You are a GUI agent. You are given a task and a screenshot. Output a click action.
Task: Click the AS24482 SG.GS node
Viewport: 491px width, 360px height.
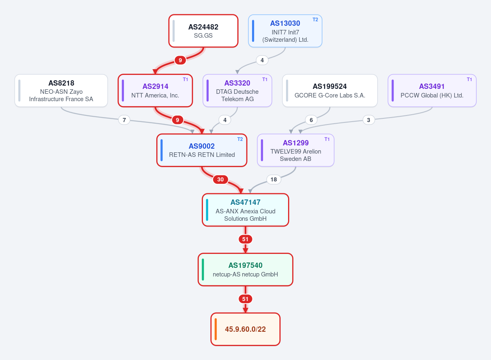[203, 31]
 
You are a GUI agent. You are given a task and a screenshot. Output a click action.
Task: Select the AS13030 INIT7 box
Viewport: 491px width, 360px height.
[285, 31]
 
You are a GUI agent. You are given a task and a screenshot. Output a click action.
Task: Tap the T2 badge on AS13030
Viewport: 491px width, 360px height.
[315, 20]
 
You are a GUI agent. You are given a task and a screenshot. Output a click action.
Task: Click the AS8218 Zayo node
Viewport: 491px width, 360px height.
[61, 91]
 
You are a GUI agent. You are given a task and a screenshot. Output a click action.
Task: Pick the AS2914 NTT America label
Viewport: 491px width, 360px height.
[155, 91]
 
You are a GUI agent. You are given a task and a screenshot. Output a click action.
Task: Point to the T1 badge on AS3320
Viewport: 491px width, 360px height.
[265, 79]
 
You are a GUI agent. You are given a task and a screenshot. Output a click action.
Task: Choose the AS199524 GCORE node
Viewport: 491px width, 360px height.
[330, 91]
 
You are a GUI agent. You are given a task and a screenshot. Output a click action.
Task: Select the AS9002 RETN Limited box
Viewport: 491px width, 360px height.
[202, 150]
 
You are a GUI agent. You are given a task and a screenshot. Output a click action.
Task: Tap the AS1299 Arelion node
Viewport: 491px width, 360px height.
[295, 150]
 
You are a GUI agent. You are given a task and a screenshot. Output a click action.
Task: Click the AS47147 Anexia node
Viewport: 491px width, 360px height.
[245, 210]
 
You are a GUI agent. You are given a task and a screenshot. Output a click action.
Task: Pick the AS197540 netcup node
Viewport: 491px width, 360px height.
[245, 269]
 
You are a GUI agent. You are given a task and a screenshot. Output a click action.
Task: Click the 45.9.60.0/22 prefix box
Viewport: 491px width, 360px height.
[245, 329]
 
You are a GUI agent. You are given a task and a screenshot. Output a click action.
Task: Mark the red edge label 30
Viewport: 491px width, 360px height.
[220, 179]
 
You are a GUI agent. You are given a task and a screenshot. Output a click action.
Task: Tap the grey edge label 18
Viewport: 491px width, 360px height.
[274, 179]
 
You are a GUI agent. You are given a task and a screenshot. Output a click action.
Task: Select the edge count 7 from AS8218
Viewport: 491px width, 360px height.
[124, 120]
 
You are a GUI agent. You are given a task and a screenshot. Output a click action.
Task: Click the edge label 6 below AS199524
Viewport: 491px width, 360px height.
[311, 120]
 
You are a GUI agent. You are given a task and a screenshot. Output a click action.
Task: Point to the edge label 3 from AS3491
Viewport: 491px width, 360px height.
[369, 120]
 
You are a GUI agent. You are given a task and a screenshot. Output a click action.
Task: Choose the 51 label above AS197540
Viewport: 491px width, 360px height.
[245, 239]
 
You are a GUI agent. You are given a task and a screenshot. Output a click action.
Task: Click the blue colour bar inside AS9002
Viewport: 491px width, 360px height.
[162, 150]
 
